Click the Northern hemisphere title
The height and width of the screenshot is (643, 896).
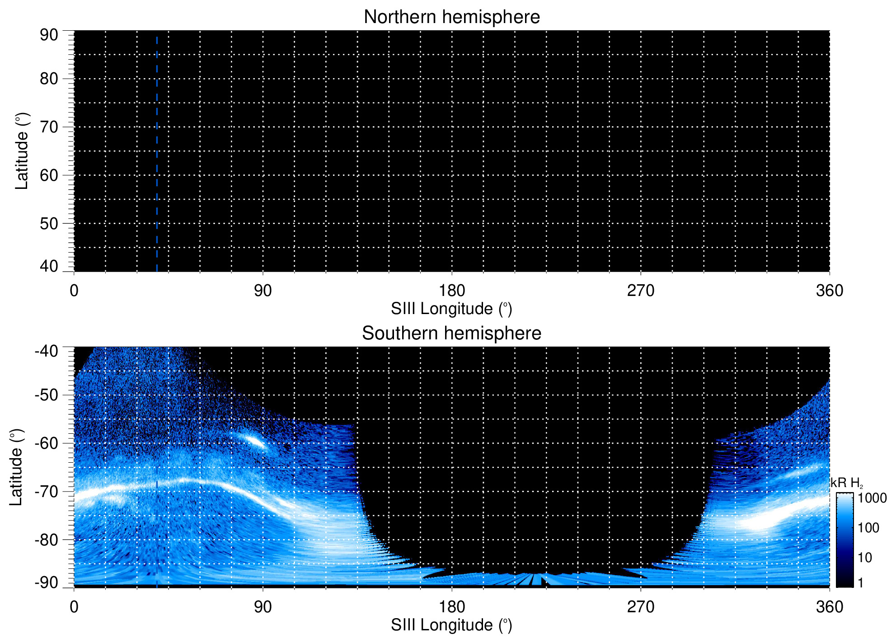tap(451, 17)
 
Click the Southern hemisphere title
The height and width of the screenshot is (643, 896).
tap(451, 333)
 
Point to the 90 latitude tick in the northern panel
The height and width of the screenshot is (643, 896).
tap(49, 35)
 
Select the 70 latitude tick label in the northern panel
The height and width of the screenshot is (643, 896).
tap(49, 127)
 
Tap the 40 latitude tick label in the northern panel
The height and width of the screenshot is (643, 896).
tap(49, 266)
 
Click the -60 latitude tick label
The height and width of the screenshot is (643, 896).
tap(47, 443)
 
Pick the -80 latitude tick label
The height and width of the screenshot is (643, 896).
tap(47, 540)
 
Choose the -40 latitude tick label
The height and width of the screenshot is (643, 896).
tap(47, 351)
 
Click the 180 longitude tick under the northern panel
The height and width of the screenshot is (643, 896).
tap(452, 291)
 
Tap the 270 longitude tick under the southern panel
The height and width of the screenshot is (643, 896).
tap(641, 607)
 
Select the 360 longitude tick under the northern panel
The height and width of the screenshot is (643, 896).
tap(830, 291)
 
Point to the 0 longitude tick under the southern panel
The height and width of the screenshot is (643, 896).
tap(74, 607)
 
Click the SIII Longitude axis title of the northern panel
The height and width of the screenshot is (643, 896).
tap(451, 309)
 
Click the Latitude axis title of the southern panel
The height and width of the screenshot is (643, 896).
tap(16, 467)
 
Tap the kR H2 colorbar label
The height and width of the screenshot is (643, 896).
tap(846, 483)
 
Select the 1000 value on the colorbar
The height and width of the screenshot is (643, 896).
tap(872, 498)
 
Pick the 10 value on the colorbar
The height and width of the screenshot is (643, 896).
tap(865, 558)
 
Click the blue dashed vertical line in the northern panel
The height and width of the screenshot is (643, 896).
tap(157, 154)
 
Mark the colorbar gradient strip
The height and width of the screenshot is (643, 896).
tap(844, 540)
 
